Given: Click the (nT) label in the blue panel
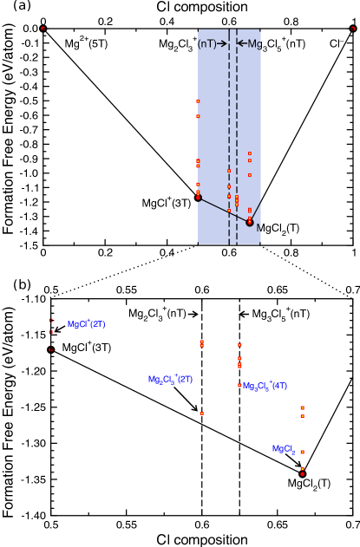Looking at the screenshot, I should (206, 44).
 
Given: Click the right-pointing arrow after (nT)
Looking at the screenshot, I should (222, 43).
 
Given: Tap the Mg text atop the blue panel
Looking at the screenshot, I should (254, 44).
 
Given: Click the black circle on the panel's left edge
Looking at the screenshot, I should (199, 198).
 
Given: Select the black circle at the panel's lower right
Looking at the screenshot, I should (250, 222).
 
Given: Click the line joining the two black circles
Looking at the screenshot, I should (224, 210).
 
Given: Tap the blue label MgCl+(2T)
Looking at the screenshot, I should (86, 324).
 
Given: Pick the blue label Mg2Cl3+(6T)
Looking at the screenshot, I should (170, 380).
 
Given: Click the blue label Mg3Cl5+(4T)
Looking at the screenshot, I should (265, 387).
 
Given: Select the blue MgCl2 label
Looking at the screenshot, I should (283, 450).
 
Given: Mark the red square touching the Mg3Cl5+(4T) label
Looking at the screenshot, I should (239, 386).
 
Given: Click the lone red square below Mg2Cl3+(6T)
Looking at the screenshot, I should (202, 414).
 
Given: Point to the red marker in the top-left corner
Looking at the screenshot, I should (43, 29).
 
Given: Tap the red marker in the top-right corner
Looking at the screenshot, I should (353, 29).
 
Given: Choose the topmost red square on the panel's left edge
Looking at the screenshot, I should (198, 101).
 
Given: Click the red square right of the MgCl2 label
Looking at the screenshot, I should (302, 452).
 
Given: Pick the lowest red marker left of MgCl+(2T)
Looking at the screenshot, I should (50, 350).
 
